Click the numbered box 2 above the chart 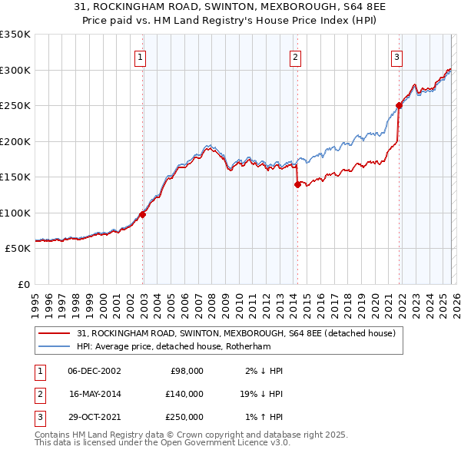tap(296, 56)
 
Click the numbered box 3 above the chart tap(396, 56)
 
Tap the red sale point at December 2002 tap(143, 215)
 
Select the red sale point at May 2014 tap(297, 184)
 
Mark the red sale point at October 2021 tap(399, 106)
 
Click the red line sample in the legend tap(55, 334)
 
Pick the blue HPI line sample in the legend tap(55, 346)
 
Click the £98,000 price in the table tap(187, 371)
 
